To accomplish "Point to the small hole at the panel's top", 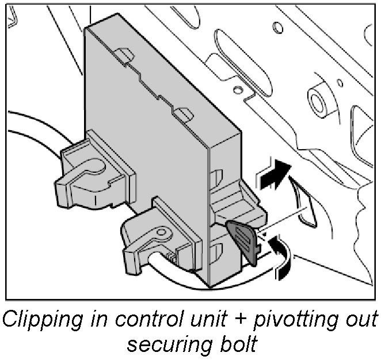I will [x=277, y=27].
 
